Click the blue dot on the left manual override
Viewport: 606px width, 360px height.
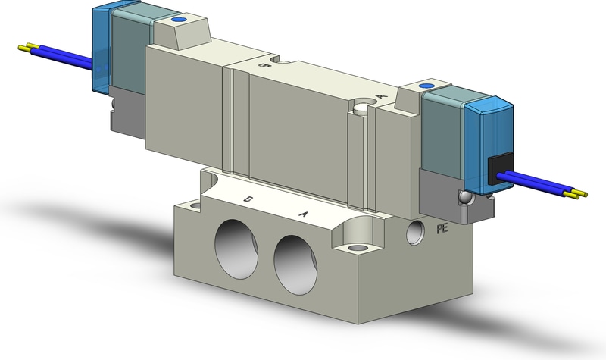point(178,20)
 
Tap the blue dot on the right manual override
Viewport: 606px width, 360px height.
point(426,86)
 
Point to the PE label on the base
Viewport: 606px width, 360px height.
point(442,229)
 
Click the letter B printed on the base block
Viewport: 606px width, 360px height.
point(248,199)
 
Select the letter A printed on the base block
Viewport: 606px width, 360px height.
point(304,214)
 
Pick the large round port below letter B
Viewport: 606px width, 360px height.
point(236,249)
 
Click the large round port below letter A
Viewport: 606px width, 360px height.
point(295,265)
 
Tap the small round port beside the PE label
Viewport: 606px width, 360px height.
point(414,232)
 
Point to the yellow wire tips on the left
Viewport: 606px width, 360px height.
point(28,47)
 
